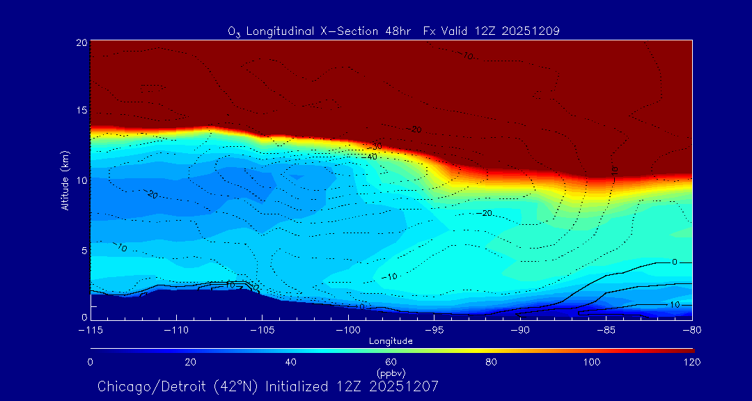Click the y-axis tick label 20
pyautogui.click(x=81, y=42)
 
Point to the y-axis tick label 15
pyautogui.click(x=81, y=111)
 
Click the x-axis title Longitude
pyautogui.click(x=391, y=341)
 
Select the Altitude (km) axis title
pyautogui.click(x=65, y=180)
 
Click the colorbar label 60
pyautogui.click(x=391, y=362)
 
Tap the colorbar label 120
pyautogui.click(x=691, y=362)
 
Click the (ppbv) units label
pyautogui.click(x=391, y=372)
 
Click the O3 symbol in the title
pyautogui.click(x=235, y=31)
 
